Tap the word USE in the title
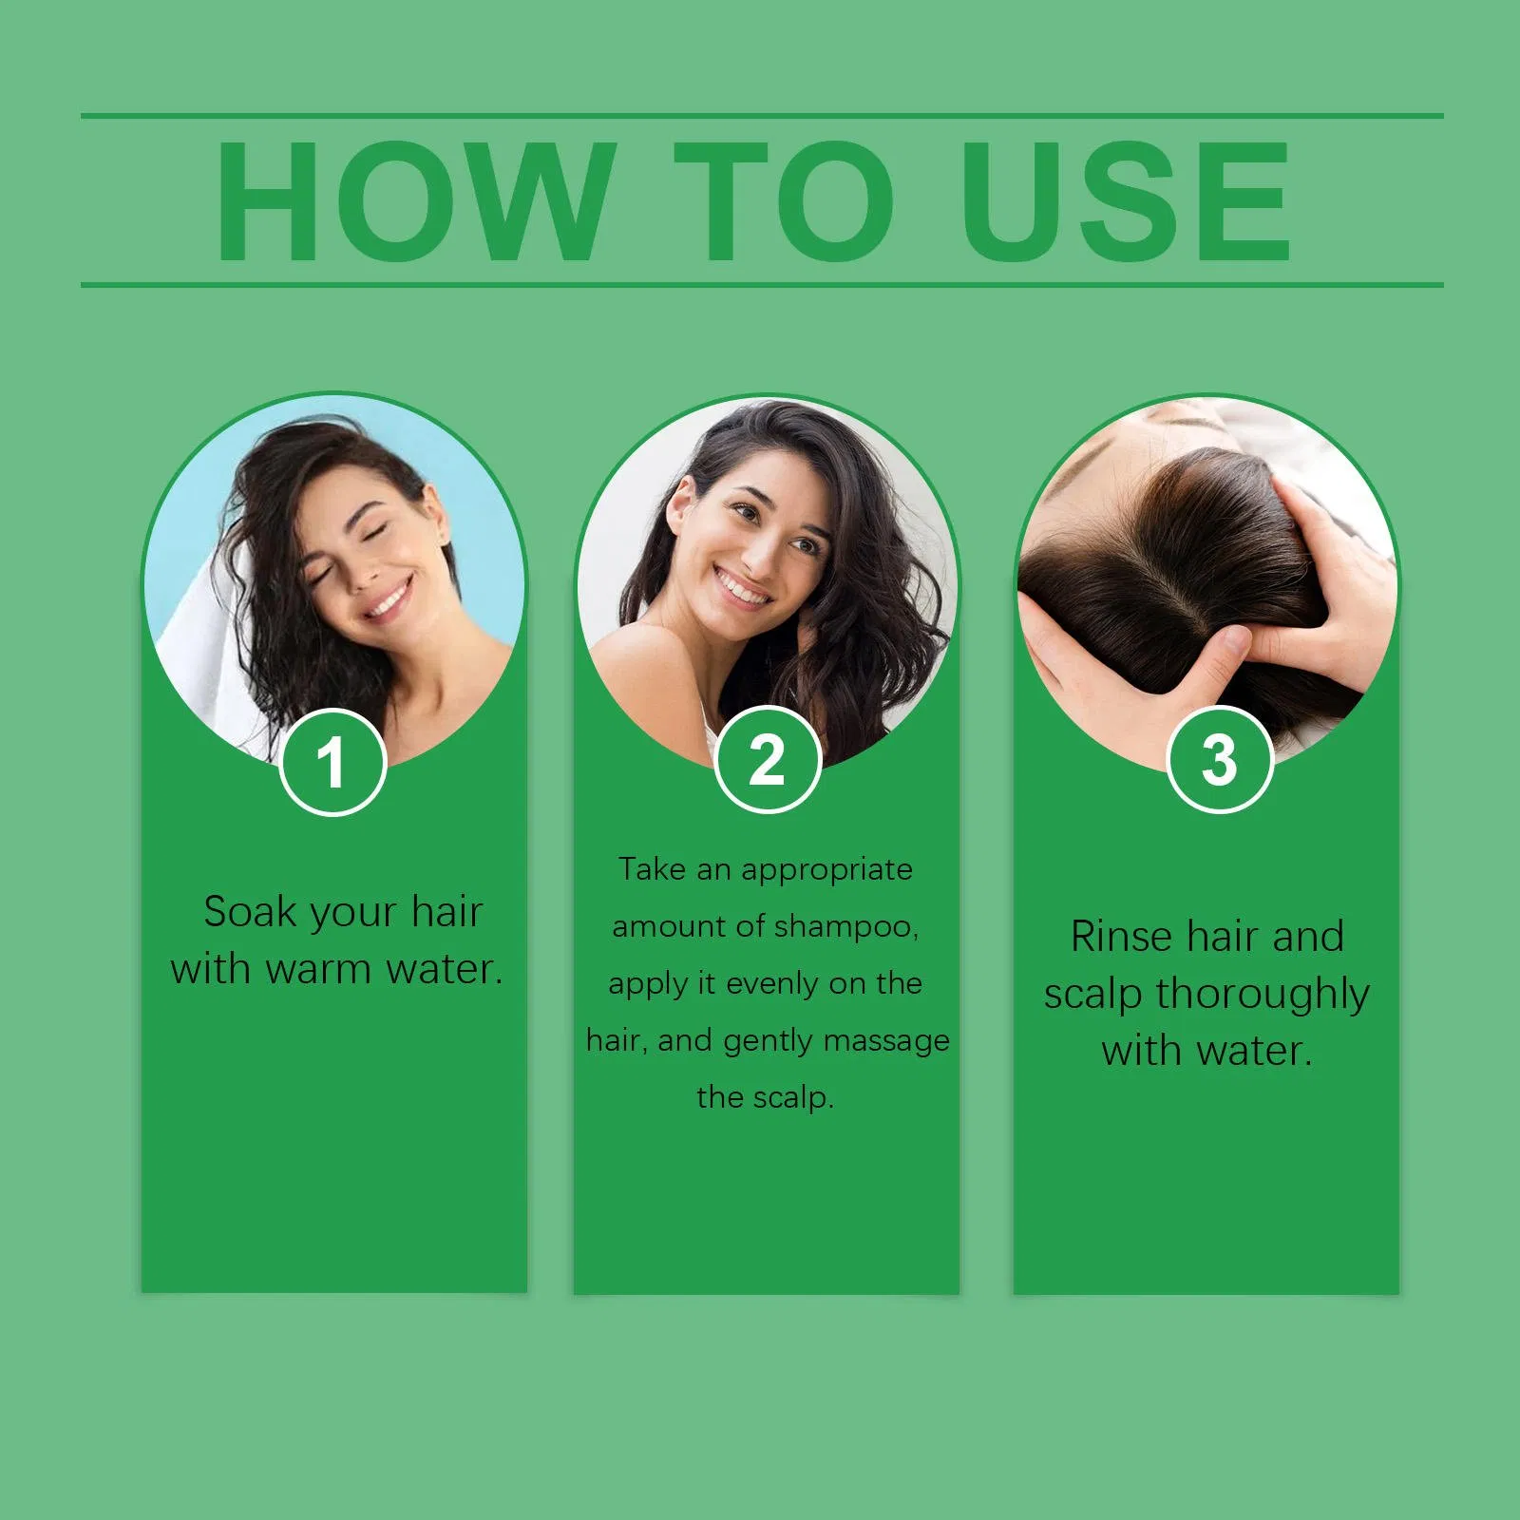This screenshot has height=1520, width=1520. tap(1126, 201)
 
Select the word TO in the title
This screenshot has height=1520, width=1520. tap(785, 201)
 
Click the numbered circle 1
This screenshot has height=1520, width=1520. tap(332, 762)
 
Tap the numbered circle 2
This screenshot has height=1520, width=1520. tap(767, 760)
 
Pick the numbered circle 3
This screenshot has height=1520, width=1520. tap(1219, 760)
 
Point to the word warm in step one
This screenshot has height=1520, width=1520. tap(318, 970)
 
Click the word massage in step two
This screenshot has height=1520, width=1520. tap(885, 1040)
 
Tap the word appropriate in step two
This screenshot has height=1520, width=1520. tap(826, 869)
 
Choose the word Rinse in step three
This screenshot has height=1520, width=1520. tap(1121, 937)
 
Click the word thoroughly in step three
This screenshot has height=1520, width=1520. tap(1263, 995)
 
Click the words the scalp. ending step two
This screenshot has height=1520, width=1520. tap(765, 1097)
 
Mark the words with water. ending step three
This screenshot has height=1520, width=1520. tap(1206, 1052)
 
